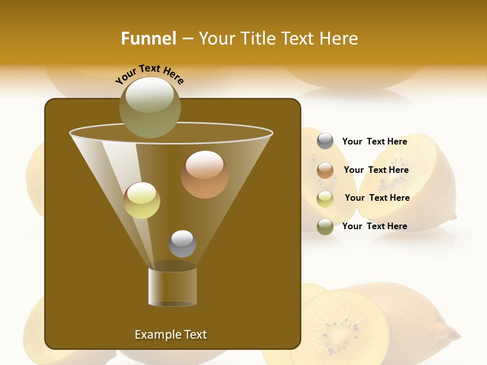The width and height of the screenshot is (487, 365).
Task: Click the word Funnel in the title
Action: click(x=149, y=39)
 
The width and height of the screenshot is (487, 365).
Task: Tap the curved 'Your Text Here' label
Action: click(x=150, y=74)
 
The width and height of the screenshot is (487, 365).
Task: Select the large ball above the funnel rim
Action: click(x=150, y=107)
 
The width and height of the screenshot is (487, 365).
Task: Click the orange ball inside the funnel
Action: click(x=204, y=174)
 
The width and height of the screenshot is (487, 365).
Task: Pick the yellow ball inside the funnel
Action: click(x=142, y=200)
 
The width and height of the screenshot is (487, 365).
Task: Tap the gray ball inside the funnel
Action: click(x=182, y=244)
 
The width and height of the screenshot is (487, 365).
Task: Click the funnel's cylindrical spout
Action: click(x=172, y=286)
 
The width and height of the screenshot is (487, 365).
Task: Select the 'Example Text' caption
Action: click(x=170, y=335)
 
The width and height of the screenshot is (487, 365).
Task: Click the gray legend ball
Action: click(x=325, y=141)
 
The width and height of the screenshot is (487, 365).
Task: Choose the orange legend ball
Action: click(x=325, y=170)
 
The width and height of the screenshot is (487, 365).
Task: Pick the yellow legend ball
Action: click(x=325, y=199)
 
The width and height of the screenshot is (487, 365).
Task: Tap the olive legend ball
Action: click(x=325, y=227)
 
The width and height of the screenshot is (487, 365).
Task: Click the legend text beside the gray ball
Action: click(x=374, y=141)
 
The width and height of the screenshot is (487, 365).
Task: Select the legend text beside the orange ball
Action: click(x=376, y=170)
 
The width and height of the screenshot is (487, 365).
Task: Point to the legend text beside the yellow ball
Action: click(x=377, y=198)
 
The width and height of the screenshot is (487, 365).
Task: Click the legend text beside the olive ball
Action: click(x=374, y=226)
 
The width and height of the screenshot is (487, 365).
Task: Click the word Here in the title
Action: click(x=339, y=39)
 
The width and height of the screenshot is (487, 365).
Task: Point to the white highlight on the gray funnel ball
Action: click(x=182, y=238)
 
